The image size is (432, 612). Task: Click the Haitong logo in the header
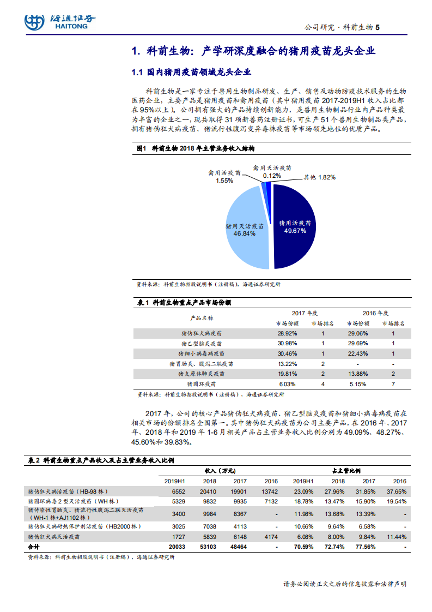(x=59, y=22)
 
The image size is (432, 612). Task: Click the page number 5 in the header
(x=378, y=27)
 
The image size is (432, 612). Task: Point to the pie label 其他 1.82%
(x=319, y=177)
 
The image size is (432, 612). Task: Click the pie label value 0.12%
(x=272, y=176)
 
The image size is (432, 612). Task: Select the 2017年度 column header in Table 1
(x=305, y=313)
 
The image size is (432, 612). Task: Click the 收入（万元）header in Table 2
(x=220, y=471)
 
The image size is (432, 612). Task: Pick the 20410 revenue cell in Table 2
(x=210, y=491)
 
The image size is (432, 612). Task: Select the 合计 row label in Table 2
(x=34, y=547)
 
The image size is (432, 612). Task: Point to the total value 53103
(x=210, y=547)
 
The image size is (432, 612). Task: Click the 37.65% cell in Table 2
(x=397, y=491)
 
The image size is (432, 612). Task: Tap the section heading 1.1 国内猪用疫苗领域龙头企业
(x=191, y=73)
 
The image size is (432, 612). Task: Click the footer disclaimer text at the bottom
(x=345, y=584)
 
